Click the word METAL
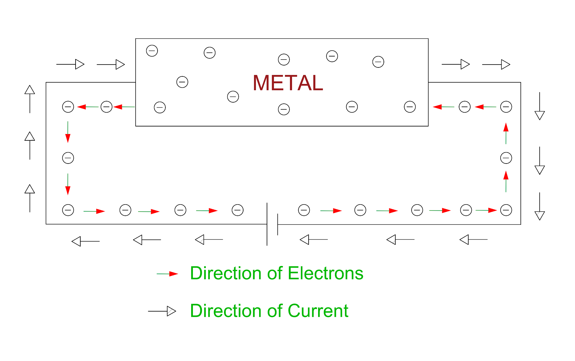[x=288, y=83]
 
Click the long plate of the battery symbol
[x=267, y=224]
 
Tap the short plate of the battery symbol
[x=278, y=224]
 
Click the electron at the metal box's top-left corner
[x=152, y=51]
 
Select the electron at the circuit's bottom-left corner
[x=68, y=210]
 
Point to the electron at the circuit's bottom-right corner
[x=506, y=210]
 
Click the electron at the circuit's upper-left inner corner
[x=68, y=107]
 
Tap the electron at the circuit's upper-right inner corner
[x=506, y=107]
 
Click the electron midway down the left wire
[x=68, y=158]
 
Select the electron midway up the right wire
[x=506, y=158]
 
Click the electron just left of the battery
[x=238, y=210]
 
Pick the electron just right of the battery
[x=304, y=210]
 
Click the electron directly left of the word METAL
[x=233, y=97]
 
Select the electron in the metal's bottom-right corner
[x=410, y=107]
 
